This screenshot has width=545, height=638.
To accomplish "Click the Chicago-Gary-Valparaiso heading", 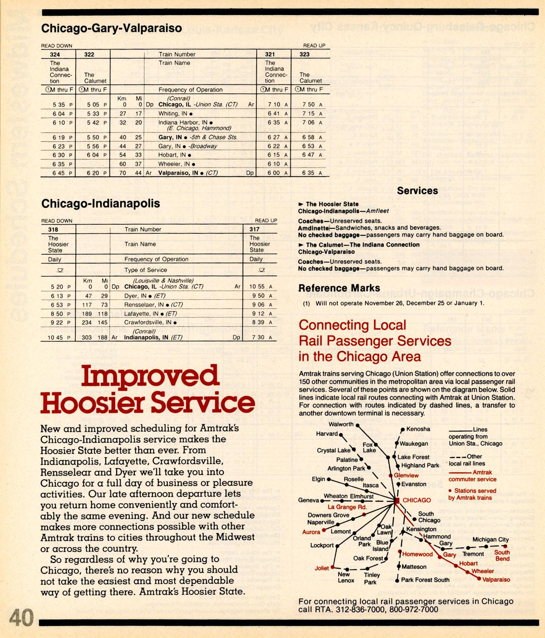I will [x=111, y=28].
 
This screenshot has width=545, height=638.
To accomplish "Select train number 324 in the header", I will [x=55, y=55].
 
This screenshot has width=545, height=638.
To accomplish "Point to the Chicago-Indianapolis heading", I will [x=101, y=204].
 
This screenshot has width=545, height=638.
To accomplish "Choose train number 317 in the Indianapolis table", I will [x=254, y=229].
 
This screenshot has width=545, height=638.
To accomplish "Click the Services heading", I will [x=417, y=191].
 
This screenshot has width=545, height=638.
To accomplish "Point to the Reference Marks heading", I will [x=339, y=288].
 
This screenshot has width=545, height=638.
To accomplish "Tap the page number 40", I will [x=21, y=618].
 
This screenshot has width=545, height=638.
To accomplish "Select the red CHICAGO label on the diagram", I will [x=416, y=500].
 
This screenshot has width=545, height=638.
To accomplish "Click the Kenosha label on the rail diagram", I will [x=418, y=429].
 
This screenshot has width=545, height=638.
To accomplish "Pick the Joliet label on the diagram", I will [x=321, y=568].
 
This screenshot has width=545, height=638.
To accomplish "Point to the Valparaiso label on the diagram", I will [x=496, y=580].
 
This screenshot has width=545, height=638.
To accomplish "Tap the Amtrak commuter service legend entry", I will [x=472, y=476].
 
